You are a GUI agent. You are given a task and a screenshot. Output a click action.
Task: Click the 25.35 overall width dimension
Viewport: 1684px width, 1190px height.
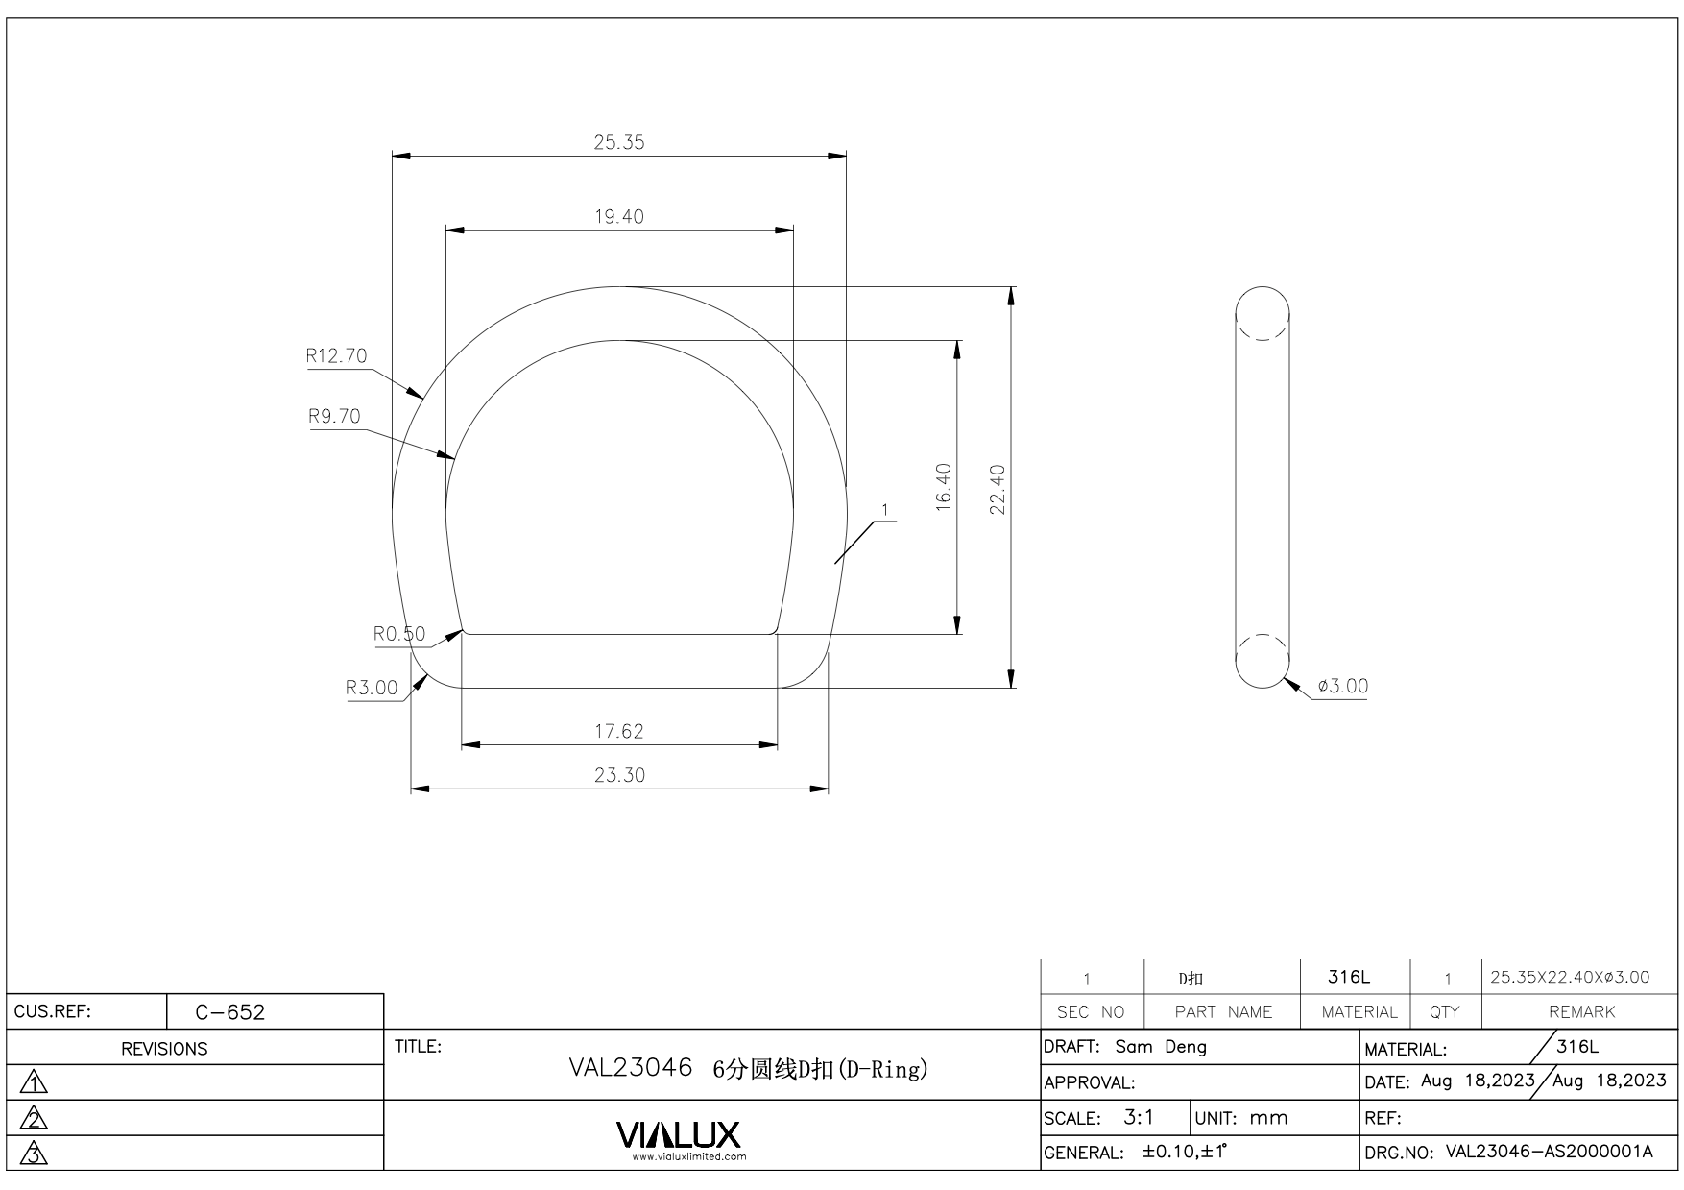click(619, 142)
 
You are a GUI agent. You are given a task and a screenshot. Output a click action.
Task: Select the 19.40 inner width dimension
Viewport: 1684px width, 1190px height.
click(619, 216)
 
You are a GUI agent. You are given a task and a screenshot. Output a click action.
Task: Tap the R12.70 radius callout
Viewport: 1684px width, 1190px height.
click(336, 355)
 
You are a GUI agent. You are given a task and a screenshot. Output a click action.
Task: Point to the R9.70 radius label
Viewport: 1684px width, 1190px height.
click(334, 416)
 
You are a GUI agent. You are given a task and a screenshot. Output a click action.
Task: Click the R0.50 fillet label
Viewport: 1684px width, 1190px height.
click(399, 634)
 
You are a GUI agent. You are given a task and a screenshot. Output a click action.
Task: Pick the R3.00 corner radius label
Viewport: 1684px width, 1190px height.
click(372, 688)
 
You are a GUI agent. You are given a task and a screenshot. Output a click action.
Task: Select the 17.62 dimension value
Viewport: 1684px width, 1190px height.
click(619, 731)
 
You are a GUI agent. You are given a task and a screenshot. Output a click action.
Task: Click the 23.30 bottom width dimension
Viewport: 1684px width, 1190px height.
click(619, 775)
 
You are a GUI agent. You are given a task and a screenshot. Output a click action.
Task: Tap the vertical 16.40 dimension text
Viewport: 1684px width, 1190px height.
click(944, 487)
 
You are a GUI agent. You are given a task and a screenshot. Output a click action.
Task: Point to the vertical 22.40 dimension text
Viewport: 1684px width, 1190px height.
click(998, 489)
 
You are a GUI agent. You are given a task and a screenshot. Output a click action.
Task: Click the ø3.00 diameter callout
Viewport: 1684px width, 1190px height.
click(1343, 686)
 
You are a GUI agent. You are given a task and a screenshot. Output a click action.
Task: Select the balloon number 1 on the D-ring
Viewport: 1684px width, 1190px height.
click(884, 510)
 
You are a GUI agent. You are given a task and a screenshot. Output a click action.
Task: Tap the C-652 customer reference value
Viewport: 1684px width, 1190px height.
click(230, 1012)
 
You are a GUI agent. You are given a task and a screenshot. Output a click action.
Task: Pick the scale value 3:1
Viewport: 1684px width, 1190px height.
click(1139, 1118)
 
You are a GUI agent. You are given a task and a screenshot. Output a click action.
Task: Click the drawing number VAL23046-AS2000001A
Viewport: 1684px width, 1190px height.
click(1550, 1152)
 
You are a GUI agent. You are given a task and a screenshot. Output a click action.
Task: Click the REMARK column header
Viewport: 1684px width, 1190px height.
click(1582, 1012)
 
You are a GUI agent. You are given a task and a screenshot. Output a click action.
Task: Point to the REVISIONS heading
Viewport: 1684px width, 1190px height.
click(164, 1049)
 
